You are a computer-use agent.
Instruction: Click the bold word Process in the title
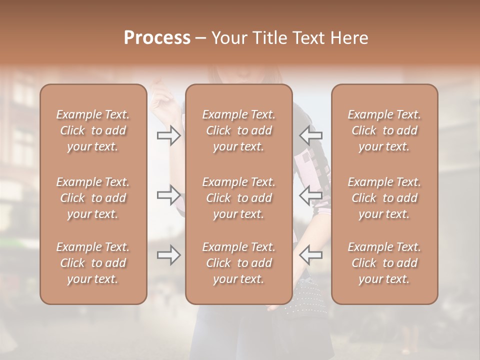pyautogui.click(x=157, y=38)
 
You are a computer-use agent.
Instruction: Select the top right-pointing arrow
pyautogui.click(x=168, y=135)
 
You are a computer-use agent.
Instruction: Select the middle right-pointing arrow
pyautogui.click(x=168, y=194)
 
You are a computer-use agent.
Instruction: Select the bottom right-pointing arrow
pyautogui.click(x=168, y=255)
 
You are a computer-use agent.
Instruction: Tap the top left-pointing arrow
pyautogui.click(x=310, y=135)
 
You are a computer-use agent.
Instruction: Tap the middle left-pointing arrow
pyautogui.click(x=310, y=194)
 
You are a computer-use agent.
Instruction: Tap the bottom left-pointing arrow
pyautogui.click(x=310, y=255)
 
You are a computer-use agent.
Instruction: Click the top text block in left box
pyautogui.click(x=93, y=130)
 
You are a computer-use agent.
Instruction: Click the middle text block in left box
pyautogui.click(x=93, y=198)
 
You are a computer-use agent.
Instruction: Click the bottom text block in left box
pyautogui.click(x=93, y=263)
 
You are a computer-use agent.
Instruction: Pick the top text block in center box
pyautogui.click(x=238, y=130)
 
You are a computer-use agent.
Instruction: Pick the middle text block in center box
pyautogui.click(x=238, y=198)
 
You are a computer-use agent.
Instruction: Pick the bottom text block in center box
pyautogui.click(x=238, y=263)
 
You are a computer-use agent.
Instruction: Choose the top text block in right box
pyautogui.click(x=384, y=130)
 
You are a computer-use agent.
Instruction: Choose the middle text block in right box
pyautogui.click(x=384, y=198)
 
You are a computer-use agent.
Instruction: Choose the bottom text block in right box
pyautogui.click(x=384, y=263)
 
